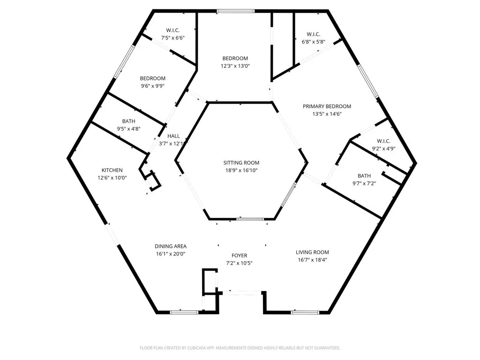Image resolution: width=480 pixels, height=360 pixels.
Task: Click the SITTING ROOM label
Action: (241, 163)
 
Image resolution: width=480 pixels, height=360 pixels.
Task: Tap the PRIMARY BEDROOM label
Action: (327, 106)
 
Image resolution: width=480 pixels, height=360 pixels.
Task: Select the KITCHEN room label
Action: (112, 170)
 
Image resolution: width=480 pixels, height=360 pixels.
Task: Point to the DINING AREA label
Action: (171, 247)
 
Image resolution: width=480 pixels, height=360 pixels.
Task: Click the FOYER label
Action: (240, 255)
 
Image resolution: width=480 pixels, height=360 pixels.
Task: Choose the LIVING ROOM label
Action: (312, 252)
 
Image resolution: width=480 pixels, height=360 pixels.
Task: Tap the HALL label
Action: (173, 136)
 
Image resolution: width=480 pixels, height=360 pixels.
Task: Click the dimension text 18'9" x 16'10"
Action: (241, 171)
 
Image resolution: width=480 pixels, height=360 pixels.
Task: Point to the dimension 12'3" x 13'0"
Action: (235, 66)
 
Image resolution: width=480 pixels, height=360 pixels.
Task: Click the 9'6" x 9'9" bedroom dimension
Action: (152, 86)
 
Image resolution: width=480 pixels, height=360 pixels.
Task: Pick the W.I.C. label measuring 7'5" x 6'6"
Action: (173, 30)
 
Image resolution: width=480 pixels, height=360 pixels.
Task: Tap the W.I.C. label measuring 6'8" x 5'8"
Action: (313, 34)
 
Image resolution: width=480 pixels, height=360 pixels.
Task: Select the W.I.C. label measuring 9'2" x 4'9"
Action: (383, 141)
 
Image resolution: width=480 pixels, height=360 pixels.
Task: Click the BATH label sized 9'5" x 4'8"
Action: (128, 121)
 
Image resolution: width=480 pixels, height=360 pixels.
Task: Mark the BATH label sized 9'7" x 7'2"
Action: (364, 176)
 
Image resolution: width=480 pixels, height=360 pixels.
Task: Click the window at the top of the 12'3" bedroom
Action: (235, 11)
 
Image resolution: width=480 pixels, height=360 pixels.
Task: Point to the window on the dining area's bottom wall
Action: (184, 312)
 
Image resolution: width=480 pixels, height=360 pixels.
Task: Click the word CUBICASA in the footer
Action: (188, 348)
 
